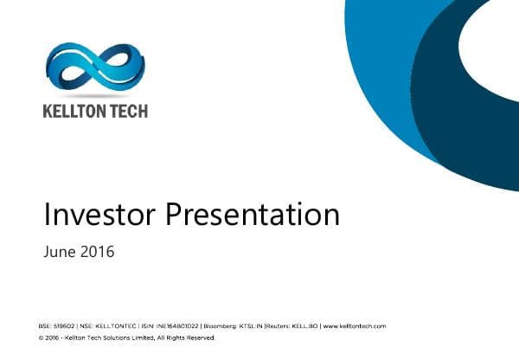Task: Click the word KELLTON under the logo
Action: point(70,111)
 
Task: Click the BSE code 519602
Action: point(64,326)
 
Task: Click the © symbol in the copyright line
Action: point(41,337)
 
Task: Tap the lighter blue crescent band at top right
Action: point(381,78)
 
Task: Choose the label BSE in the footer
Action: point(45,326)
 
